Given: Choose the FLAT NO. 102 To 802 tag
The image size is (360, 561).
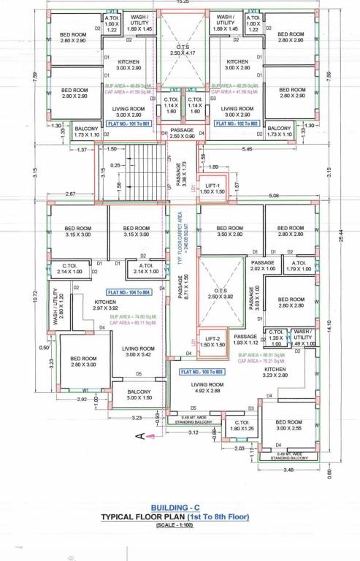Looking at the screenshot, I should (x=237, y=123).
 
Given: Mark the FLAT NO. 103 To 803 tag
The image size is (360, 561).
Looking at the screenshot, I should (x=206, y=372).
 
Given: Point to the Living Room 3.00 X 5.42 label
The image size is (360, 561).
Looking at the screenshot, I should (x=137, y=351).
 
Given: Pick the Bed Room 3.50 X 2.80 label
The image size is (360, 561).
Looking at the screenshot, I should (x=230, y=232).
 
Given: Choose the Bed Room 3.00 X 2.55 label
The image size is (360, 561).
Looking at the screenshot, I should (x=288, y=426).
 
